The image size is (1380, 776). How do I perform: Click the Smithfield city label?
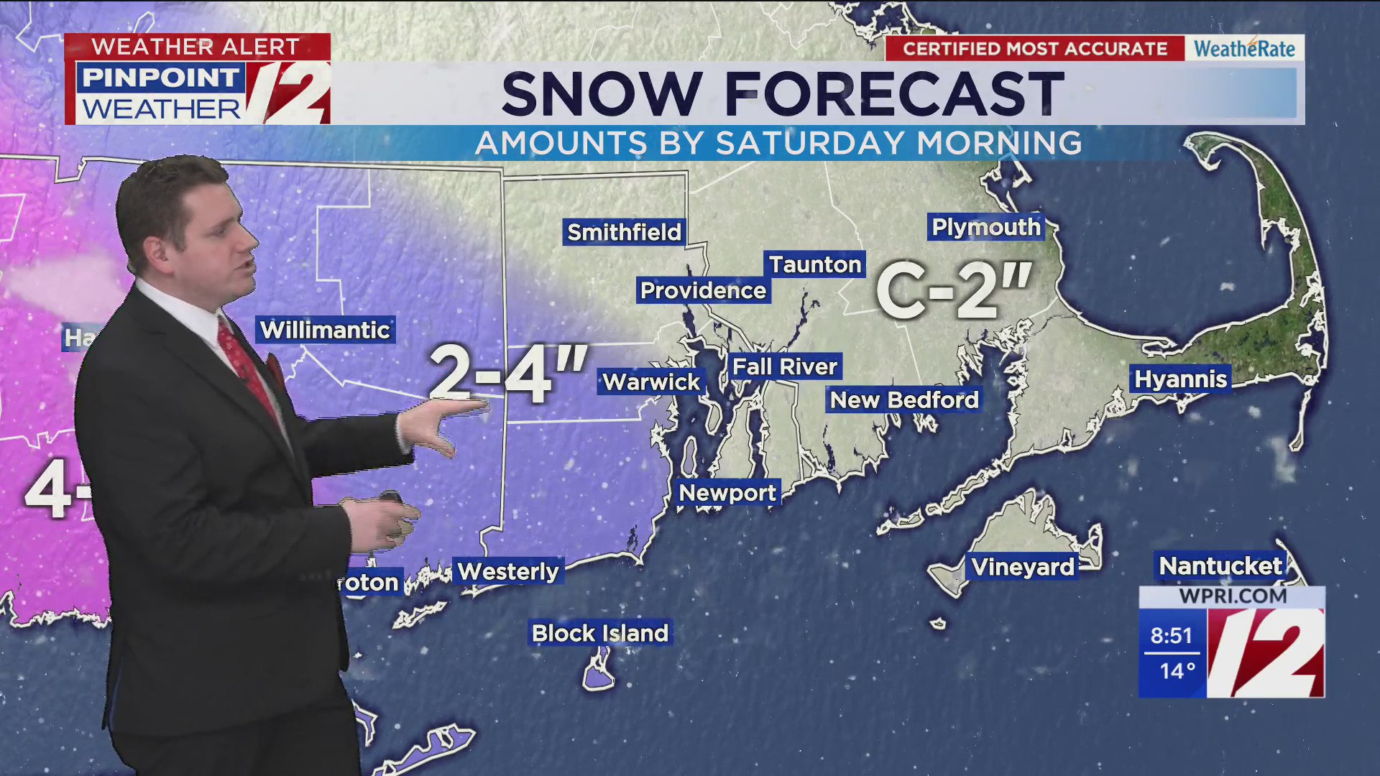point(624,232)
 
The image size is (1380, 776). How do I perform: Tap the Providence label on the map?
point(703,290)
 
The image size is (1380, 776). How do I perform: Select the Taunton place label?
point(815,264)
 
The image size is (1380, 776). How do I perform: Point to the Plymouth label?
point(985,227)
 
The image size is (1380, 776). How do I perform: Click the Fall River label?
point(784,366)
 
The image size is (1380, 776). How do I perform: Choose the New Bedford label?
point(904,399)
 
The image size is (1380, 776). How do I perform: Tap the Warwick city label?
point(651,382)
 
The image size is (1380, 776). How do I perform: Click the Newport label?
point(727,493)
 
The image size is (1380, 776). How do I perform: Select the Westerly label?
point(508,571)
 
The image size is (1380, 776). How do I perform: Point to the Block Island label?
point(600,633)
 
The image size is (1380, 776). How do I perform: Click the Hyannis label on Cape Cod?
point(1180,379)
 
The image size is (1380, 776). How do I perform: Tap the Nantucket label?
point(1220,566)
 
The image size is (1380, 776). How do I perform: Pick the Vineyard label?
point(1023,567)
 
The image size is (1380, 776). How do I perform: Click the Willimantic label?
point(325,330)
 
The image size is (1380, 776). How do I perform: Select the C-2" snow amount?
point(954,291)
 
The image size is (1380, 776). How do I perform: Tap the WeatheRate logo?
point(1244,48)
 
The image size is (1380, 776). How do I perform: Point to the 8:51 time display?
point(1171,635)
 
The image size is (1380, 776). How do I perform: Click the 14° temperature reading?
point(1177,671)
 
